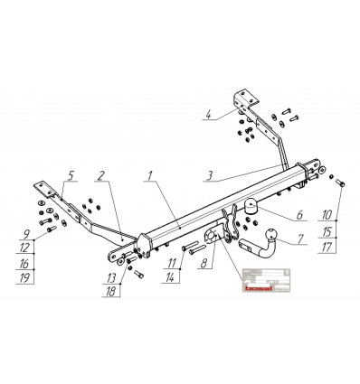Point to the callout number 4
click(x=207, y=115)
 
